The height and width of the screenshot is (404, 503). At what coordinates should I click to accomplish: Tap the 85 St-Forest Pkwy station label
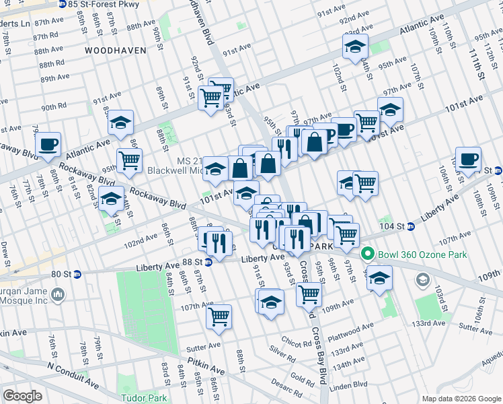(x=98, y=4)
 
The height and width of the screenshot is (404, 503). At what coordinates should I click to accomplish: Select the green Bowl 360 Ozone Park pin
(x=367, y=254)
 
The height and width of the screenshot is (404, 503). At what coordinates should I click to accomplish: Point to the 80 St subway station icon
(x=77, y=274)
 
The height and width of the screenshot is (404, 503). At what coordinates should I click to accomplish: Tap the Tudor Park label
(x=143, y=398)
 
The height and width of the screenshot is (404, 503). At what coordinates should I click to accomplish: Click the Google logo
(x=22, y=396)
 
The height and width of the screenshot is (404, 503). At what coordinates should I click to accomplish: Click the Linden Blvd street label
(x=352, y=385)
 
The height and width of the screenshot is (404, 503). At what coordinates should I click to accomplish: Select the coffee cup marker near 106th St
(x=468, y=160)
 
